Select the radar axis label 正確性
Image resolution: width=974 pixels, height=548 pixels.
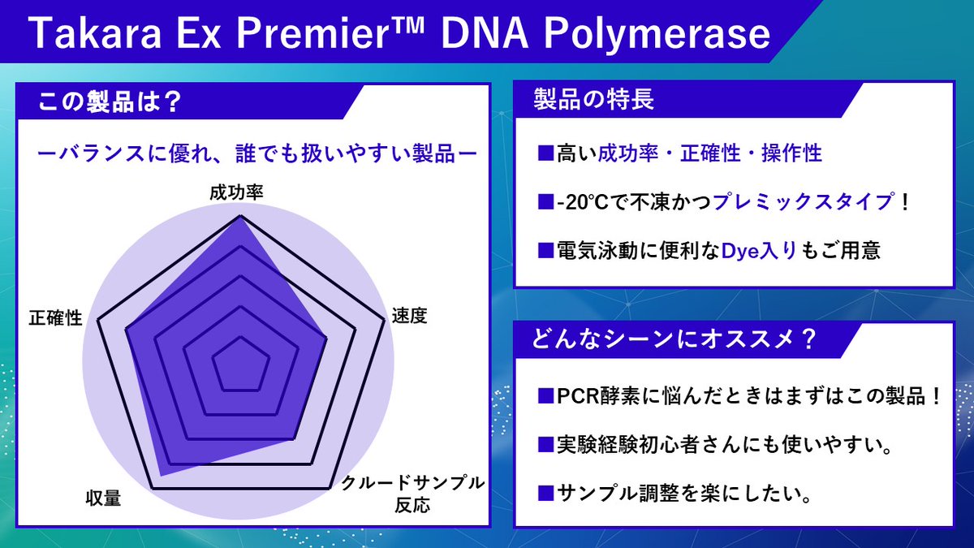[55, 317]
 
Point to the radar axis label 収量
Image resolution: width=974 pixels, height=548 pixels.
[103, 498]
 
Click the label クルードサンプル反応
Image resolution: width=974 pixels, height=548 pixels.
[412, 494]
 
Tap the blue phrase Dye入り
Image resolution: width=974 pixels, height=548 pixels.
[761, 250]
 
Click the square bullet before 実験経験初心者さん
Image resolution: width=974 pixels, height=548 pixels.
[545, 445]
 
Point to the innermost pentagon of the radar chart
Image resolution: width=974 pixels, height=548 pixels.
[240, 366]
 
